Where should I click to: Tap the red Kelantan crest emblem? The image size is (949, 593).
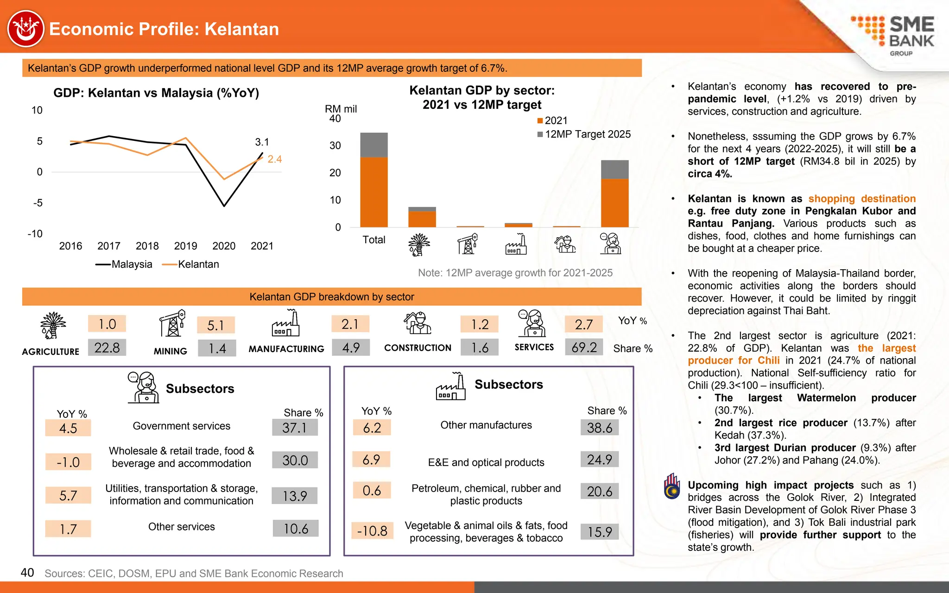tap(26, 29)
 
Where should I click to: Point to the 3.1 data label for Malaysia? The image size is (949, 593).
tap(262, 142)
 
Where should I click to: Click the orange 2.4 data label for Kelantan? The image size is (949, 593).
tap(274, 159)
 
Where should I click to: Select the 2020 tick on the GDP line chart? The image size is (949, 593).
tap(224, 246)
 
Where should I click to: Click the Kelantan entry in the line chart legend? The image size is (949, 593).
tap(191, 265)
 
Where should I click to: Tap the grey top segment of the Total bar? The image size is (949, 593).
tap(374, 145)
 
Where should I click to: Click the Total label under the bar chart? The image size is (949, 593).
tap(374, 240)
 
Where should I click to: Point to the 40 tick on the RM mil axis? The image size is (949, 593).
tap(335, 119)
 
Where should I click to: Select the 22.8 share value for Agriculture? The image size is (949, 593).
tap(107, 347)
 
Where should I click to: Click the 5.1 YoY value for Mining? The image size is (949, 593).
tap(215, 325)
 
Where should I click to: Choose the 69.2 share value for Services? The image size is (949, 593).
tap(584, 347)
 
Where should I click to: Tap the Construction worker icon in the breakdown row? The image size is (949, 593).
tap(418, 323)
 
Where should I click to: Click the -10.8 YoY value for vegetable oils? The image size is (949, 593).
tap(372, 531)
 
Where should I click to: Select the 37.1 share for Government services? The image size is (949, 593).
tap(295, 428)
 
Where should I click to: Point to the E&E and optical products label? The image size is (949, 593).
tap(486, 462)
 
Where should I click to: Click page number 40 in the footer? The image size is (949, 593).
tap(27, 573)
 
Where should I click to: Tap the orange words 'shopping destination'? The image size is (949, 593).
tap(862, 199)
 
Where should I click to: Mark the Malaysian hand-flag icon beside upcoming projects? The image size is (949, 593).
tap(672, 486)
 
